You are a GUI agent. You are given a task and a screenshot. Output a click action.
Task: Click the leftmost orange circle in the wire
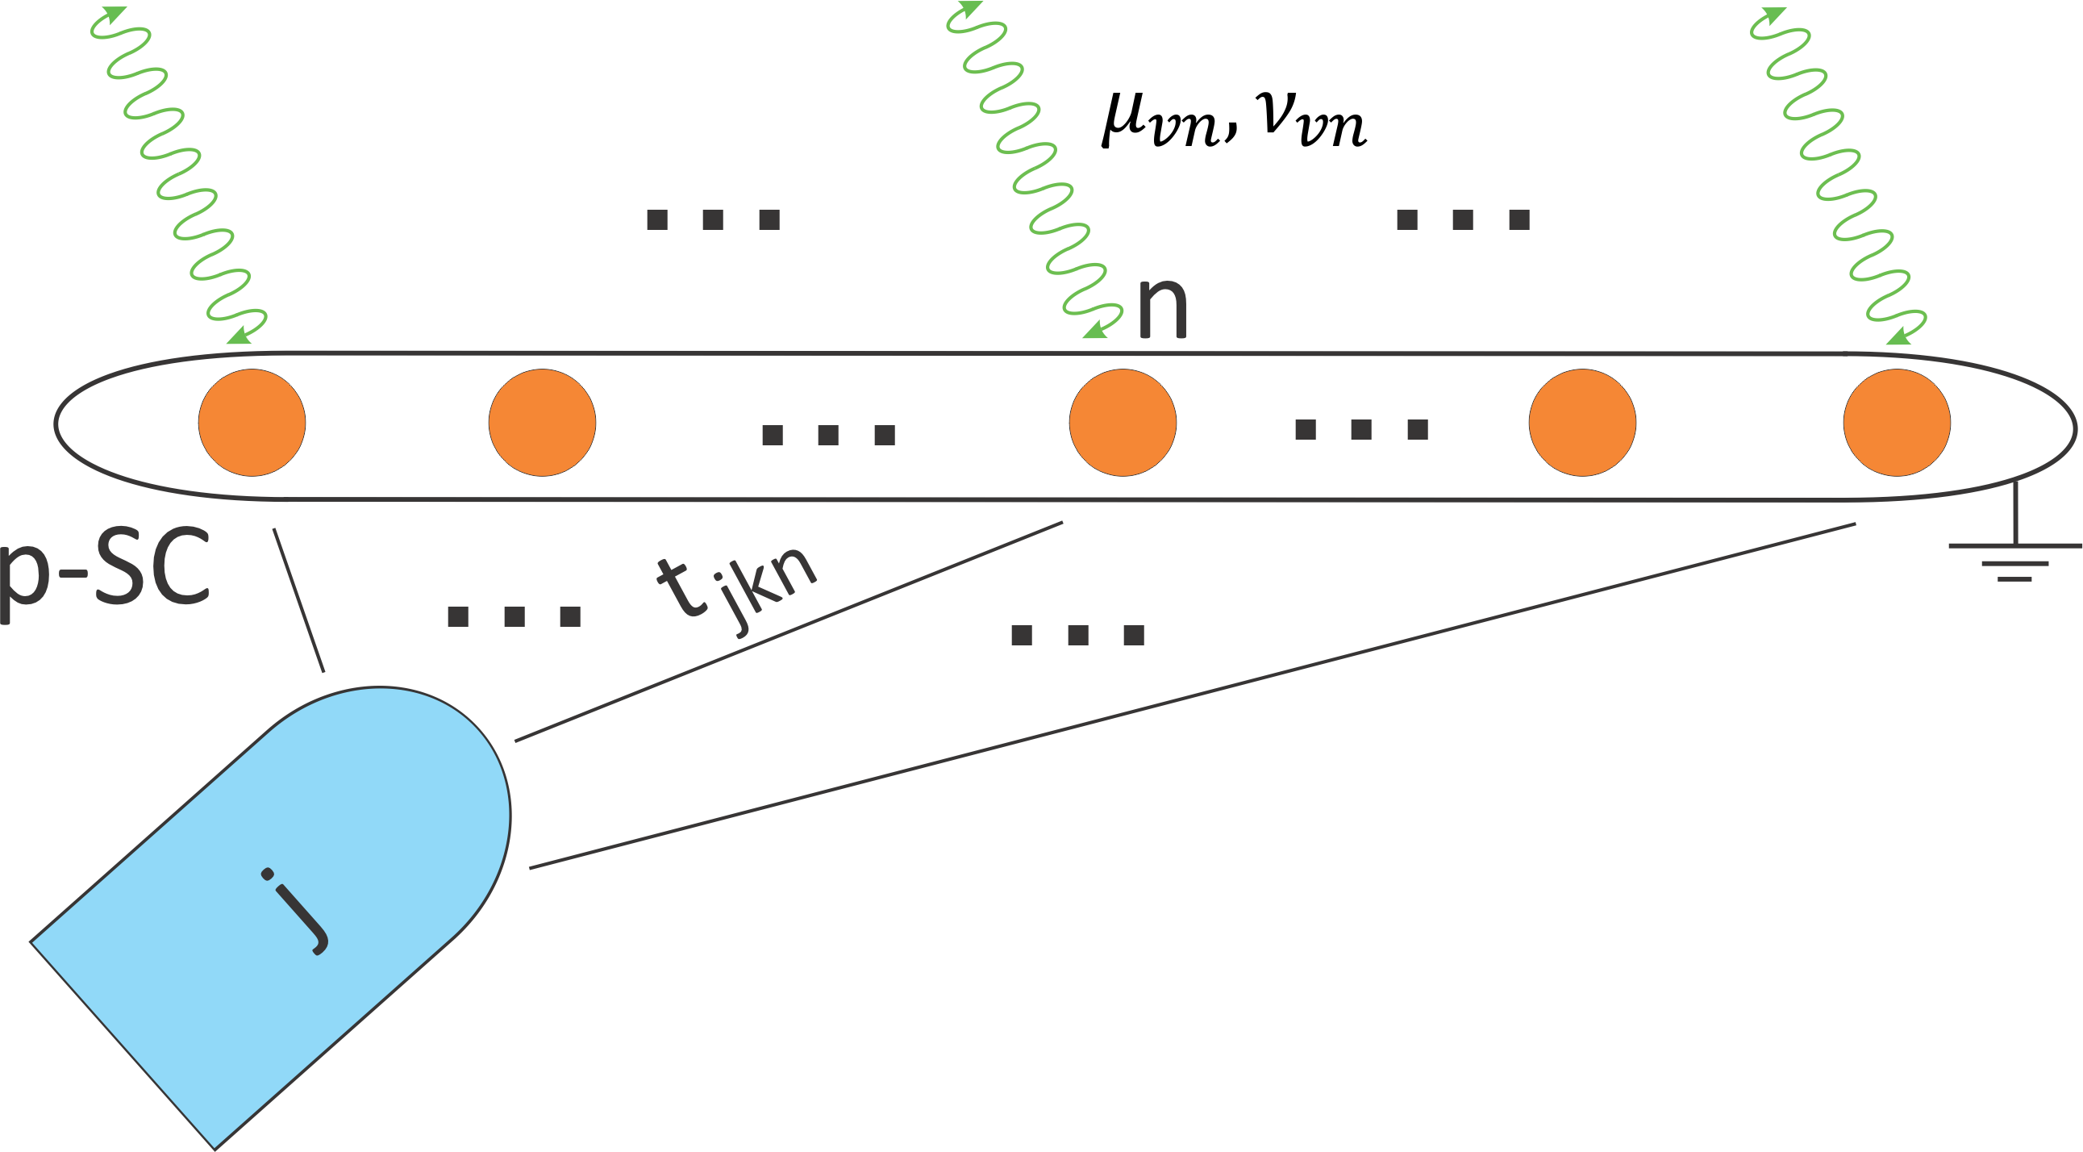tap(252, 422)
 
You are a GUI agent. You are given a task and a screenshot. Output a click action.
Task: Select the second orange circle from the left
tap(542, 422)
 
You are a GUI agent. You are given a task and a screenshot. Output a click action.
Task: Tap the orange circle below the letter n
tap(1123, 422)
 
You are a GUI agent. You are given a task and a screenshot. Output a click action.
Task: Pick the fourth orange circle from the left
tap(1582, 422)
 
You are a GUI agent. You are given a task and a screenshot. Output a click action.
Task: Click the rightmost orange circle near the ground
tap(1897, 422)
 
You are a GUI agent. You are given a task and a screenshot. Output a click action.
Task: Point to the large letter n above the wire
tap(1162, 307)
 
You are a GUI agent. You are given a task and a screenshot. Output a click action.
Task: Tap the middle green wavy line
tap(1035, 170)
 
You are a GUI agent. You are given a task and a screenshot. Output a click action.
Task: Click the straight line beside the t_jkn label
tap(789, 631)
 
